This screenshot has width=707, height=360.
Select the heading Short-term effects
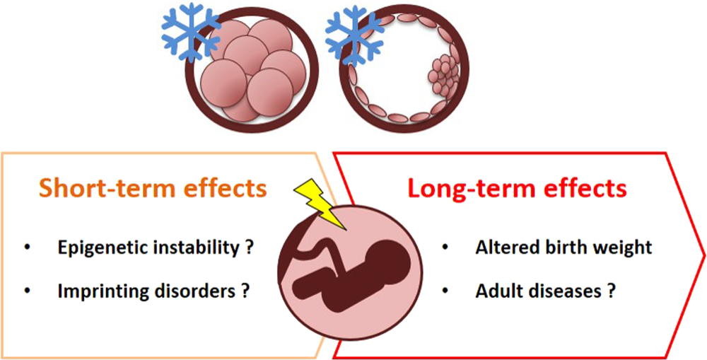(153, 189)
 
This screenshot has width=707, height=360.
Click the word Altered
(503, 248)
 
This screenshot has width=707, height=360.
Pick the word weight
(621, 248)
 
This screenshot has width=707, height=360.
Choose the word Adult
(496, 290)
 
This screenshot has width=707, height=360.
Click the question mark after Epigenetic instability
(250, 248)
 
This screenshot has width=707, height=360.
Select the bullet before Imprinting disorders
(28, 291)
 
